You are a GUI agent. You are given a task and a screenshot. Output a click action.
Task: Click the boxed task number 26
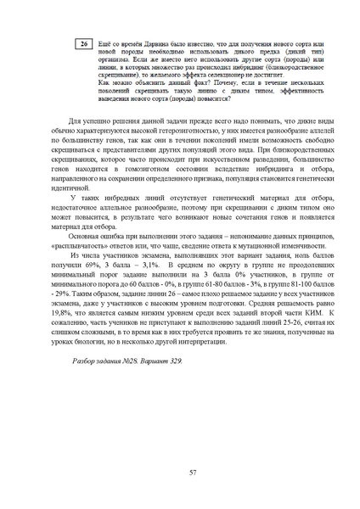tap(83, 43)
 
